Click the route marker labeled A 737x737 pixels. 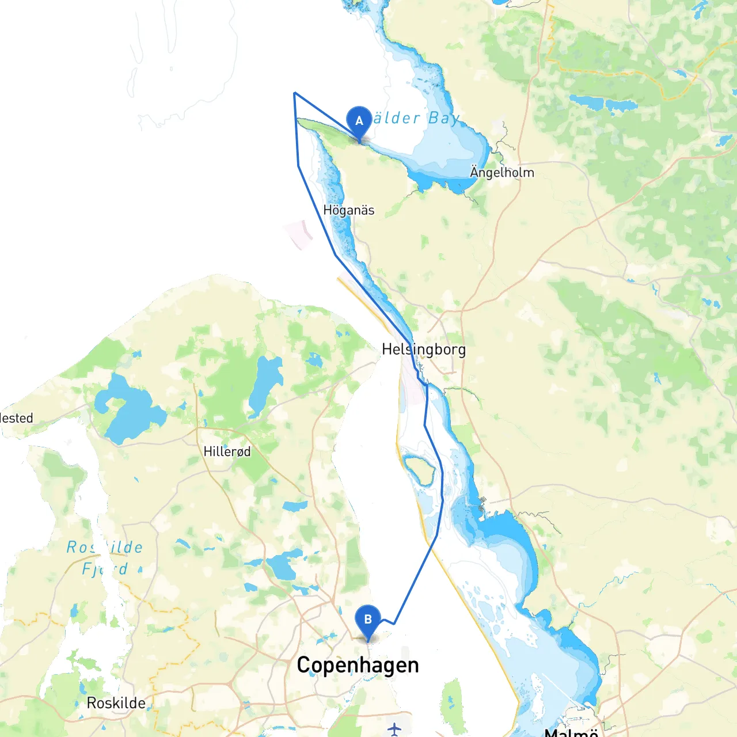359,121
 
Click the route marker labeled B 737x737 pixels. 368,620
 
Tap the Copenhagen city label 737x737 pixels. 358,665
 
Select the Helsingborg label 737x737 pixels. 424,349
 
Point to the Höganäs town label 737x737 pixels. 348,210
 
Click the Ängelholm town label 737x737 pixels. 502,172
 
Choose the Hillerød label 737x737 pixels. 227,451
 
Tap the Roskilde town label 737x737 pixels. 116,703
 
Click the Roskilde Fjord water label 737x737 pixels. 104,557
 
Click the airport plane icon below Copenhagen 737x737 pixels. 394,730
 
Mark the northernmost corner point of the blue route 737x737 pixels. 294,93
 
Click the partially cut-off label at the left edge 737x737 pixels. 16,418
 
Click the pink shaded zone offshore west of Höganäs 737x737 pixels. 299,234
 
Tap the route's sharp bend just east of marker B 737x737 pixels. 394,624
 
